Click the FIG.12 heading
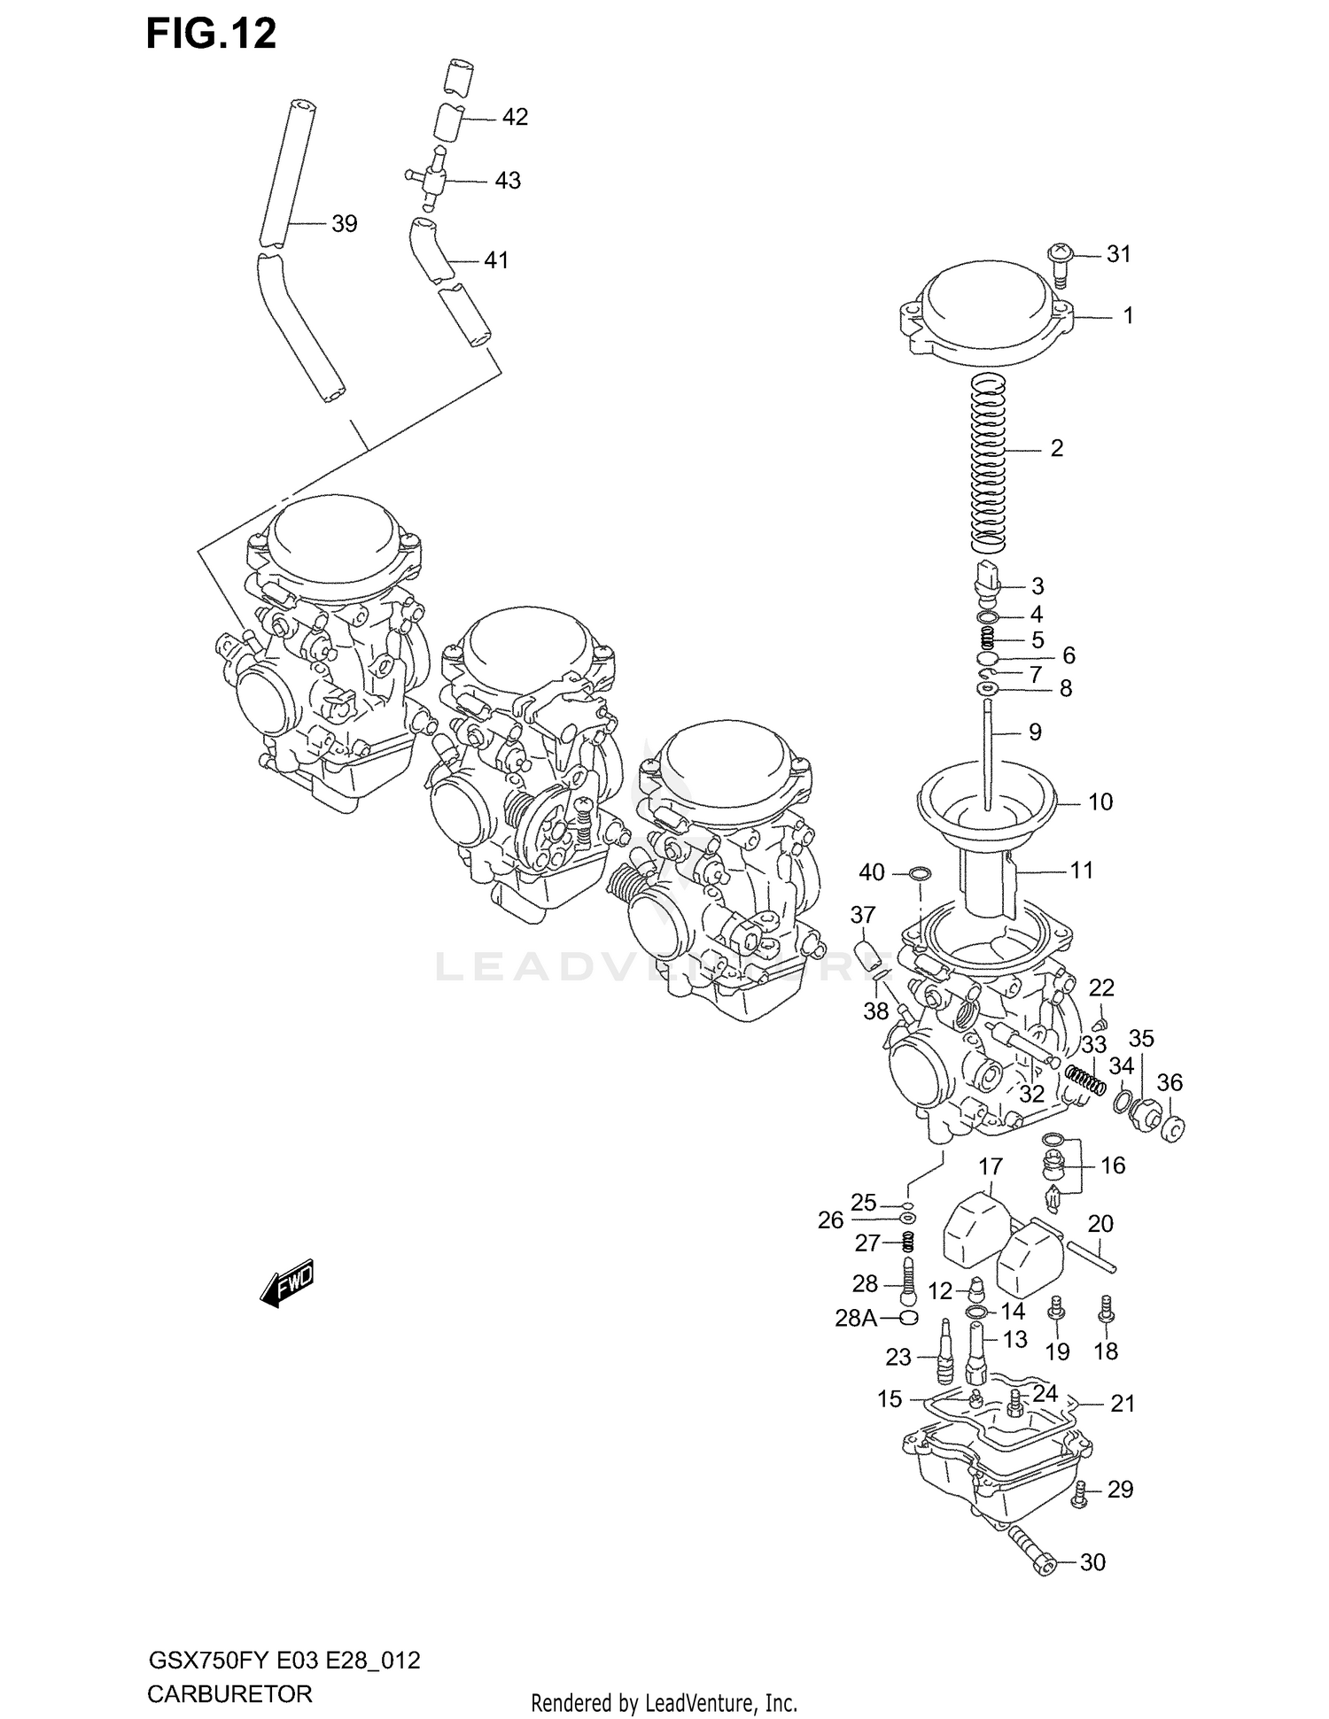coord(211,34)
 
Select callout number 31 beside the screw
coord(1119,254)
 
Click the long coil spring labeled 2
coord(990,461)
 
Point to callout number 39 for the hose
coord(344,224)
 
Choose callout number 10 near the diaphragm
coord(1100,802)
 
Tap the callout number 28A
coord(855,1319)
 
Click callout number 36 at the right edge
coord(1170,1082)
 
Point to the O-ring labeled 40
coord(920,874)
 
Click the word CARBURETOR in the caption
coord(229,1694)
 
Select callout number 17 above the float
coord(990,1165)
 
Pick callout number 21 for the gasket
coord(1123,1403)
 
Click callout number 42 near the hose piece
coord(514,117)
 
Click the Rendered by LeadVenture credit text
coord(664,1702)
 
